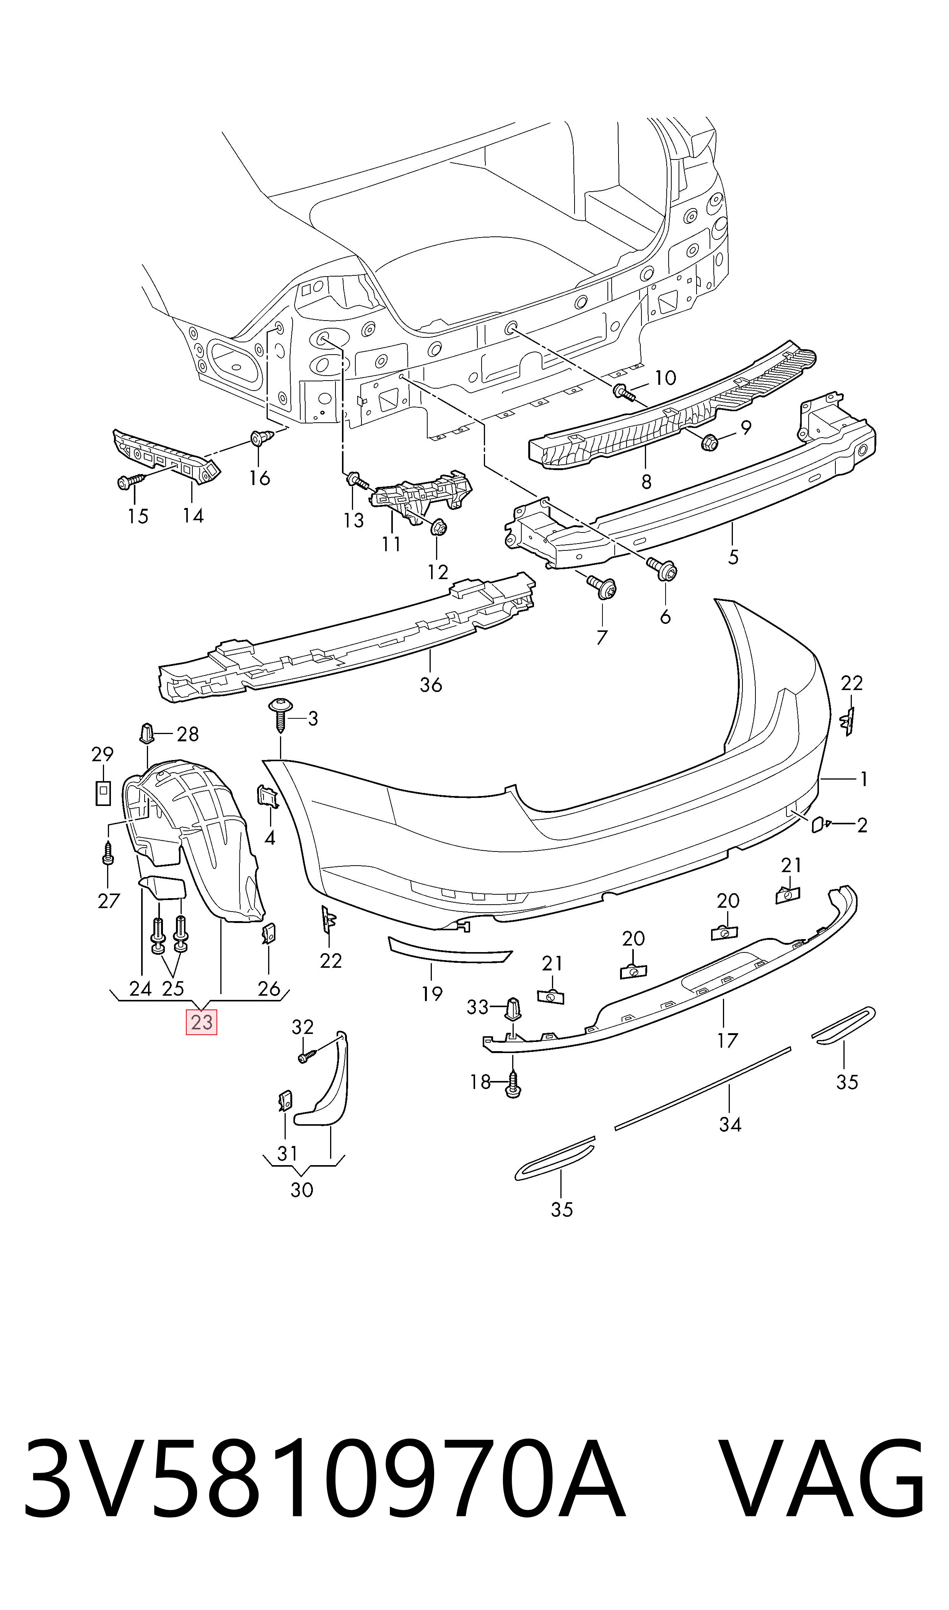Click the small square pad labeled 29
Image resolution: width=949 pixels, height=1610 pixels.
(102, 793)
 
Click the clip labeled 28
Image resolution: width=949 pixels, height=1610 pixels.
(147, 733)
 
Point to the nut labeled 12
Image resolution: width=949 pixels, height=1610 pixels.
(438, 528)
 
